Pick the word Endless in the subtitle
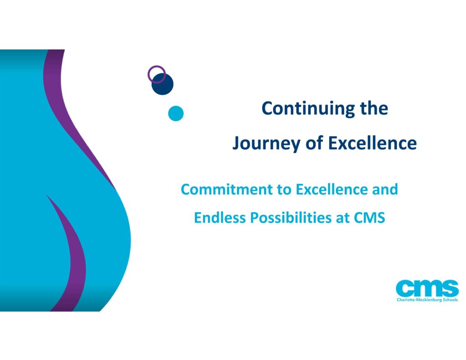pyautogui.click(x=220, y=218)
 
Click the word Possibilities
pyautogui.click(x=290, y=218)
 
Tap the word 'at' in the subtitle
pyautogui.click(x=342, y=218)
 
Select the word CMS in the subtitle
pyautogui.click(x=370, y=218)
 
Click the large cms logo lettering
pyautogui.click(x=427, y=288)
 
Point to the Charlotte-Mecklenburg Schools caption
pyautogui.click(x=427, y=299)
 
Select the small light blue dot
pyautogui.click(x=176, y=113)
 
